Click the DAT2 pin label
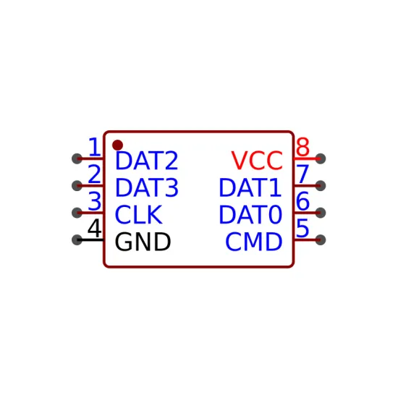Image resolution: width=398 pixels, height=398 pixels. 146,161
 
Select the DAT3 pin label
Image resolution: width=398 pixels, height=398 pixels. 147,187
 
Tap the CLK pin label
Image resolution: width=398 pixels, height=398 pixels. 139,215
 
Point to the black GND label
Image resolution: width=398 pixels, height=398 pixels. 143,242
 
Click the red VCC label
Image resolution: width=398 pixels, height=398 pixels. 257,161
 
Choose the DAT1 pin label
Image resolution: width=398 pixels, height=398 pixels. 250,187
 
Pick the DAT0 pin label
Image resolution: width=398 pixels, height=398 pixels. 250,215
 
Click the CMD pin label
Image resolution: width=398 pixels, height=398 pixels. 254,242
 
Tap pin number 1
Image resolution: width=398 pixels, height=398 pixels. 94,147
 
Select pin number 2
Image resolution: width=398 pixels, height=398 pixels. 94,174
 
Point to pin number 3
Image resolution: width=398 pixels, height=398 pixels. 94,201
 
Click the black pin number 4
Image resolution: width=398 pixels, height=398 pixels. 94,228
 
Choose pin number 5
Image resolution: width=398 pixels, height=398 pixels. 302,228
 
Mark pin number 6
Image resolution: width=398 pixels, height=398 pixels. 302,201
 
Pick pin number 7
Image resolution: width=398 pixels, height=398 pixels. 302,174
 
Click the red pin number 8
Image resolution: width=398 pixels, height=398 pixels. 302,147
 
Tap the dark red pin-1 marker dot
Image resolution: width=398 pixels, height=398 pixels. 117,145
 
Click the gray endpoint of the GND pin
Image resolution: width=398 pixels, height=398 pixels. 77,240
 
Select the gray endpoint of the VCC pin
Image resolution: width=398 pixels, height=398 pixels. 321,159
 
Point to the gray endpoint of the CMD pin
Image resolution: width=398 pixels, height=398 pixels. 321,240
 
